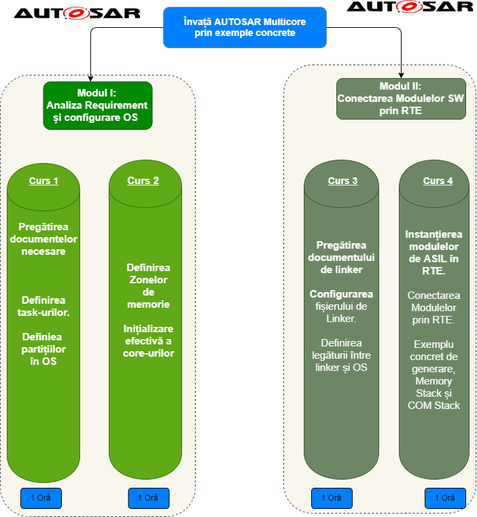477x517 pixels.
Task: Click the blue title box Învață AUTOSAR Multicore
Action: click(245, 27)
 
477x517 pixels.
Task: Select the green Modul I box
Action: click(97, 105)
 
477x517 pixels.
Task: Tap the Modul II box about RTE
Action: click(401, 99)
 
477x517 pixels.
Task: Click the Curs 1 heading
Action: click(43, 181)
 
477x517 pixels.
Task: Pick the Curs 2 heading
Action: click(143, 181)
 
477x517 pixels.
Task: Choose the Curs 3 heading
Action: click(342, 181)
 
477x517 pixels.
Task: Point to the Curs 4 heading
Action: click(438, 181)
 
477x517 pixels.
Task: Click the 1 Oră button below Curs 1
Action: click(41, 498)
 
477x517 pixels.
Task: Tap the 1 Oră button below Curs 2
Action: click(148, 498)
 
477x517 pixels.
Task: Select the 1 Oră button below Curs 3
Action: click(332, 498)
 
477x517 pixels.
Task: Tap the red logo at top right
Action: click(409, 7)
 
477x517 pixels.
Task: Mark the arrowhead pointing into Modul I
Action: click(91, 78)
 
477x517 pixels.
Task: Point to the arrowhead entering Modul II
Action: click(402, 74)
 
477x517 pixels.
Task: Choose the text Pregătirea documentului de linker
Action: click(341, 257)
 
